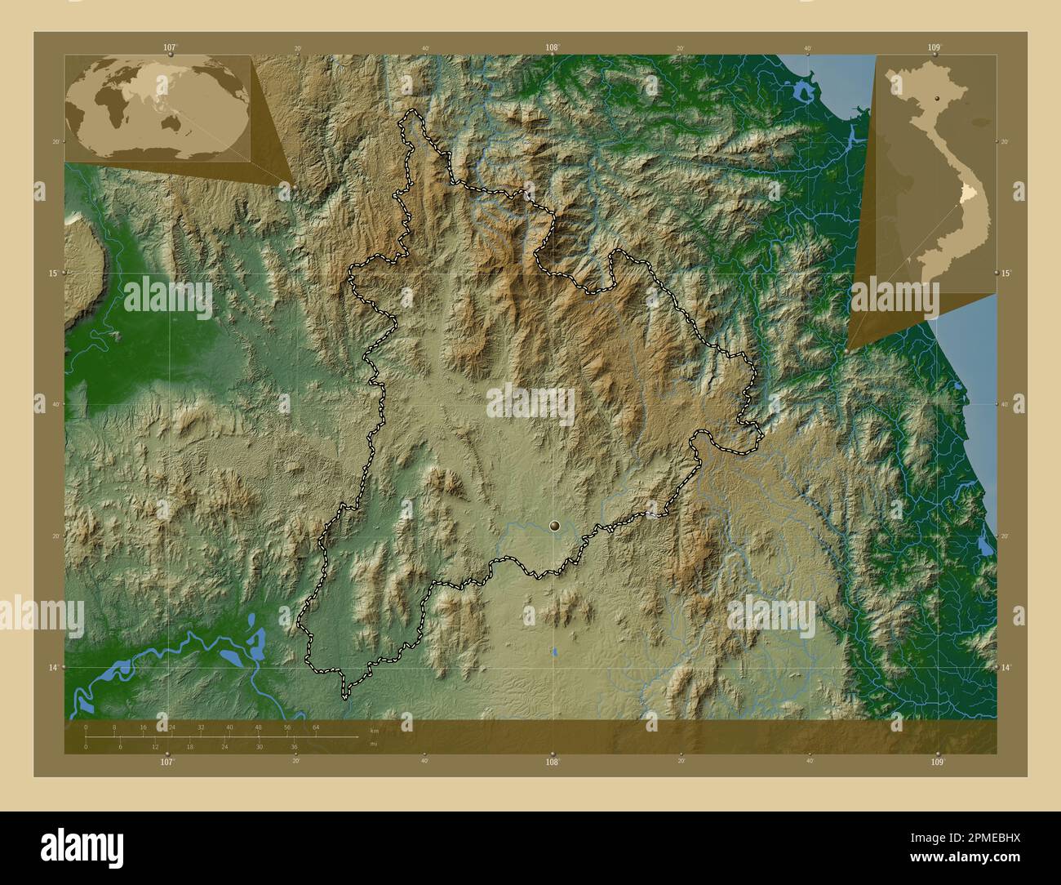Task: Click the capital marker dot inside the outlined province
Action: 555,527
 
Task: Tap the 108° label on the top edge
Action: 553,47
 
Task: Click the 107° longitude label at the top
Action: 170,47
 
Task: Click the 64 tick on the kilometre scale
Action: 316,727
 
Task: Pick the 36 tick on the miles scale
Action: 294,746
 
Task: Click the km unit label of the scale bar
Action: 374,731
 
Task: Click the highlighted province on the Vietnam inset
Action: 968,193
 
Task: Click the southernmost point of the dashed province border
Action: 344,699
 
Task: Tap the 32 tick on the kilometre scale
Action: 201,727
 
